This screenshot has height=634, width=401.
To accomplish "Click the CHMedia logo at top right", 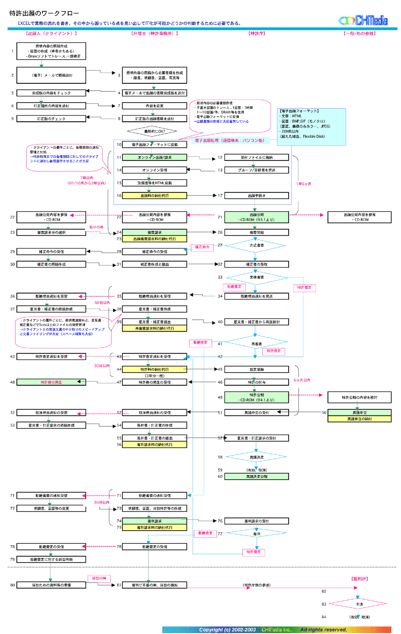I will tap(363, 20).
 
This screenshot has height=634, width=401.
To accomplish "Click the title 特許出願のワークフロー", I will tap(44, 13).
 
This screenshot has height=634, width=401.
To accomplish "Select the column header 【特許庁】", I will tap(257, 33).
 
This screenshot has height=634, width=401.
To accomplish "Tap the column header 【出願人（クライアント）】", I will tap(51, 33).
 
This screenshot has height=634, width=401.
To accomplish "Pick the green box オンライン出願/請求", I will tap(154, 158).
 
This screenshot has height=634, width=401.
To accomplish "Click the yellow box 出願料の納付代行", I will tap(154, 196).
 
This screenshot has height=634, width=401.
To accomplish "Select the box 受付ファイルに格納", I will tap(257, 158).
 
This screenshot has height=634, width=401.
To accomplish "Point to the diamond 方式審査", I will tap(256, 245).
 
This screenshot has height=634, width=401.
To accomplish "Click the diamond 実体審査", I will tap(257, 277).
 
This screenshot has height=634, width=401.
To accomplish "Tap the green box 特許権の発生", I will tap(51, 382).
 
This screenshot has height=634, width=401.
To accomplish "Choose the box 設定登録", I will tap(257, 369).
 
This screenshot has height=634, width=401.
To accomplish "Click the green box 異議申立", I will tap(359, 412).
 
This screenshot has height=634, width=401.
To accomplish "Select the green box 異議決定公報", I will tap(257, 476).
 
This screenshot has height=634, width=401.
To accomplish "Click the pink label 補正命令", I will tap(203, 247).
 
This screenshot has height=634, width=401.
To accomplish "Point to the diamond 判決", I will tap(359, 604).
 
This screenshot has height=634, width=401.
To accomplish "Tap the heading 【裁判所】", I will tap(359, 579).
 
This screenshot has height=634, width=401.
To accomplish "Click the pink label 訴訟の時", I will tap(99, 578).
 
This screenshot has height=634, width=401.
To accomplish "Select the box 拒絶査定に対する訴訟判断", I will tap(51, 559).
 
